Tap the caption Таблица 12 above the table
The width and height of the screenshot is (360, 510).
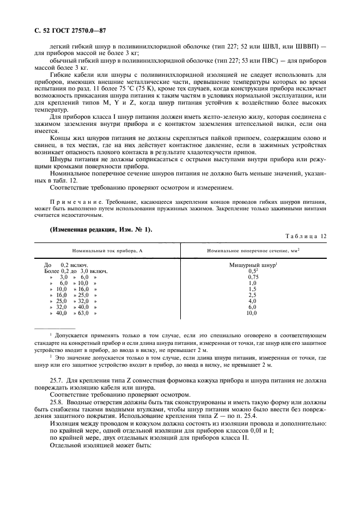coord(306,236)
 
